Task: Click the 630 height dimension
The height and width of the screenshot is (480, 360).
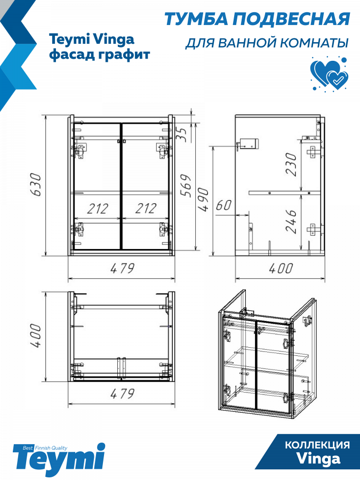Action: coord(36,185)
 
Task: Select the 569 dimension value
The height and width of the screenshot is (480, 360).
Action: coord(186,186)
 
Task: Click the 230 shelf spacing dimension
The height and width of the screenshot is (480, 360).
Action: coord(291,164)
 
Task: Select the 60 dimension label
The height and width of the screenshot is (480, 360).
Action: coord(224,205)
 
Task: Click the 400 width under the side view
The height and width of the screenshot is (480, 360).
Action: coord(281,268)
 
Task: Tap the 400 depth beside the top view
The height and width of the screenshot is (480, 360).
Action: coord(36,335)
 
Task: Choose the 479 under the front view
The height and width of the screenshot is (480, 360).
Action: coord(122,268)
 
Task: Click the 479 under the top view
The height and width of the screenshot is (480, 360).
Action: coord(122,394)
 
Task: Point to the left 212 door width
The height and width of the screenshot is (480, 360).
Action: coord(98,209)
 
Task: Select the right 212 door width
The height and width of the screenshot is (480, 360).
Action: coord(146,209)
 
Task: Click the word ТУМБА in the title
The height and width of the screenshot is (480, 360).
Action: coord(196,19)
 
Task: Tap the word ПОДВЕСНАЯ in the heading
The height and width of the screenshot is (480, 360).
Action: coord(291,19)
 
